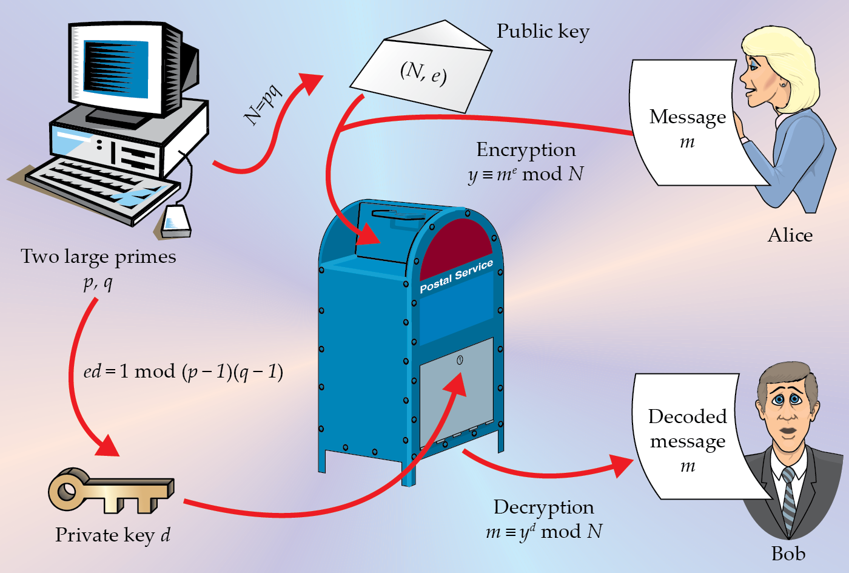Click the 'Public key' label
pyautogui.click(x=543, y=32)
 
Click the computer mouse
pyautogui.click(x=176, y=222)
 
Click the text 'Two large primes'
pyautogui.click(x=98, y=257)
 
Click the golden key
pyautogui.click(x=109, y=489)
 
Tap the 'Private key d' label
pyautogui.click(x=113, y=535)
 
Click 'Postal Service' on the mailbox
pyautogui.click(x=456, y=276)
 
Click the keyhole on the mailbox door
pyautogui.click(x=460, y=360)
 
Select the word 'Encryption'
pyautogui.click(x=526, y=150)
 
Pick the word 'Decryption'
pyautogui.click(x=543, y=507)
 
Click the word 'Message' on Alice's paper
pyautogui.click(x=687, y=117)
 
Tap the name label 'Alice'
pyautogui.click(x=790, y=236)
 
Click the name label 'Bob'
pyautogui.click(x=788, y=554)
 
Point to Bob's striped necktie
pyautogui.click(x=789, y=498)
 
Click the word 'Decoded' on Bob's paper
pyautogui.click(x=687, y=416)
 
